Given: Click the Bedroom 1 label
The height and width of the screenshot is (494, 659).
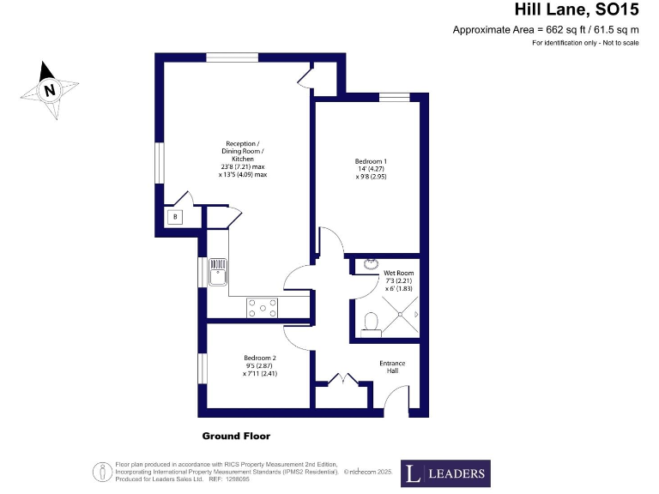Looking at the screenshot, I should [372, 169].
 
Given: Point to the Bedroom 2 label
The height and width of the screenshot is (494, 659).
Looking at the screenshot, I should [259, 365].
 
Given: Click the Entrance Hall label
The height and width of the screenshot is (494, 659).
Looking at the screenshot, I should [392, 368].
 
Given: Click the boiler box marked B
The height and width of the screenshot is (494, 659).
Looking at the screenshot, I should [176, 217].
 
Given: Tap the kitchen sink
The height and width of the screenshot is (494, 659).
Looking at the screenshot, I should [217, 273].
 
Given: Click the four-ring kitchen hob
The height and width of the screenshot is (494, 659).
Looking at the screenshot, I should [262, 307].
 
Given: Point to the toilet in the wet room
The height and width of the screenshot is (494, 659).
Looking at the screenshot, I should [372, 321].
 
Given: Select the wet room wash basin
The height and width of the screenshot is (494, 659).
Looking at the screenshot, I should [371, 264].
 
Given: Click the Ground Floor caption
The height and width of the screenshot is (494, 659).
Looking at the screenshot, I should [236, 436].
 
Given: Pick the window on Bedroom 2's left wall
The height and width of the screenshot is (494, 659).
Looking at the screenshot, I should [203, 368].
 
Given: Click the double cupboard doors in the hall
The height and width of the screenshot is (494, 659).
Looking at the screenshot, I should [342, 379].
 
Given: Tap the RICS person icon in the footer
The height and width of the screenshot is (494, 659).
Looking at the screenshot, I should [102, 471].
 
